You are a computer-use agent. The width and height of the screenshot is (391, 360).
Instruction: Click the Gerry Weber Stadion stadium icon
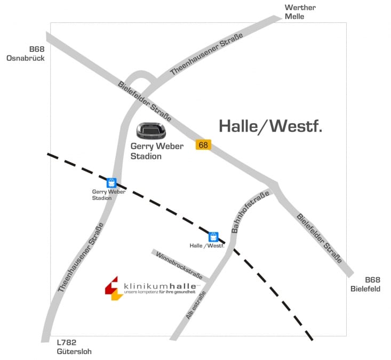click(151, 131)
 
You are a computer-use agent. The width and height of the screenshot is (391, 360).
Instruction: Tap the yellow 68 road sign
click(203, 145)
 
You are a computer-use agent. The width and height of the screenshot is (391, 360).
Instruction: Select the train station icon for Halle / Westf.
click(213, 237)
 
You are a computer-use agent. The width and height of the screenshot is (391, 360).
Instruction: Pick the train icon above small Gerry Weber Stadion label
click(111, 183)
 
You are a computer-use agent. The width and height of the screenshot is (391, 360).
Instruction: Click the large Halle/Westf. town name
click(271, 126)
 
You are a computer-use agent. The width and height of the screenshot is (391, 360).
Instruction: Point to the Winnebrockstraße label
click(179, 265)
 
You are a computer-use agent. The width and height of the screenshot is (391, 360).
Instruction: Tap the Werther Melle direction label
click(300, 12)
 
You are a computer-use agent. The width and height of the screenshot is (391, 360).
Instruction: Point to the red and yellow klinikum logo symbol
click(113, 289)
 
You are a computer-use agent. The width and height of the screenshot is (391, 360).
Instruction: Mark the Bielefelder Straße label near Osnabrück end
click(144, 101)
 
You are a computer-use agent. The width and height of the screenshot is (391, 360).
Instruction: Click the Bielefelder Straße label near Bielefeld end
click(319, 238)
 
